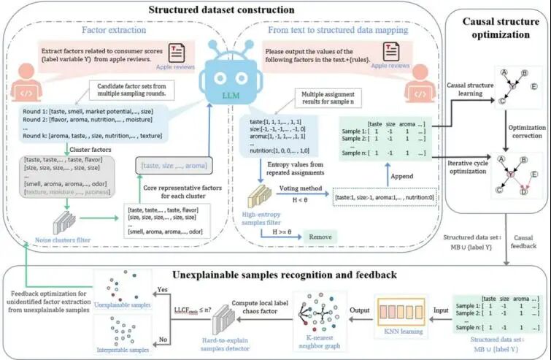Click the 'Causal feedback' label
tap(528, 247)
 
